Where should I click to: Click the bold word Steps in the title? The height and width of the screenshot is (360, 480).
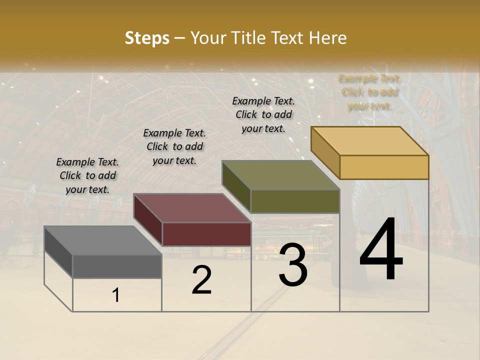coord(147,38)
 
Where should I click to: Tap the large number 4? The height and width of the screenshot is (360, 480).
coord(381,250)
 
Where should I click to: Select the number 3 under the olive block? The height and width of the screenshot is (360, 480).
coord(293,265)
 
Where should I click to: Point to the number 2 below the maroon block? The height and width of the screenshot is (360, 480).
coord(201,280)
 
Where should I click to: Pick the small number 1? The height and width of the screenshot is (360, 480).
coord(116,295)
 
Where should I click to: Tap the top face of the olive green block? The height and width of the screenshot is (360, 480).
coord(280,175)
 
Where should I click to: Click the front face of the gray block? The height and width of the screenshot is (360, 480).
coord(117,266)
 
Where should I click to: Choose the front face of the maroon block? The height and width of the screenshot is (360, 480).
coord(206,234)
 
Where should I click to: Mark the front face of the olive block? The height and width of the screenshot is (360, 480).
coord(295,201)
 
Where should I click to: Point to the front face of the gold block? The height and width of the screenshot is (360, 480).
coord(384,167)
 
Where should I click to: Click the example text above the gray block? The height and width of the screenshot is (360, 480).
coord(87,176)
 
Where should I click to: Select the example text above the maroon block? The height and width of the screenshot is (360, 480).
coord(174,146)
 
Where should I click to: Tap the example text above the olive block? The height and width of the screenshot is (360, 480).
coord(263,114)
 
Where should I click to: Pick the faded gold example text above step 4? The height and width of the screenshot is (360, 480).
coord(369,92)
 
